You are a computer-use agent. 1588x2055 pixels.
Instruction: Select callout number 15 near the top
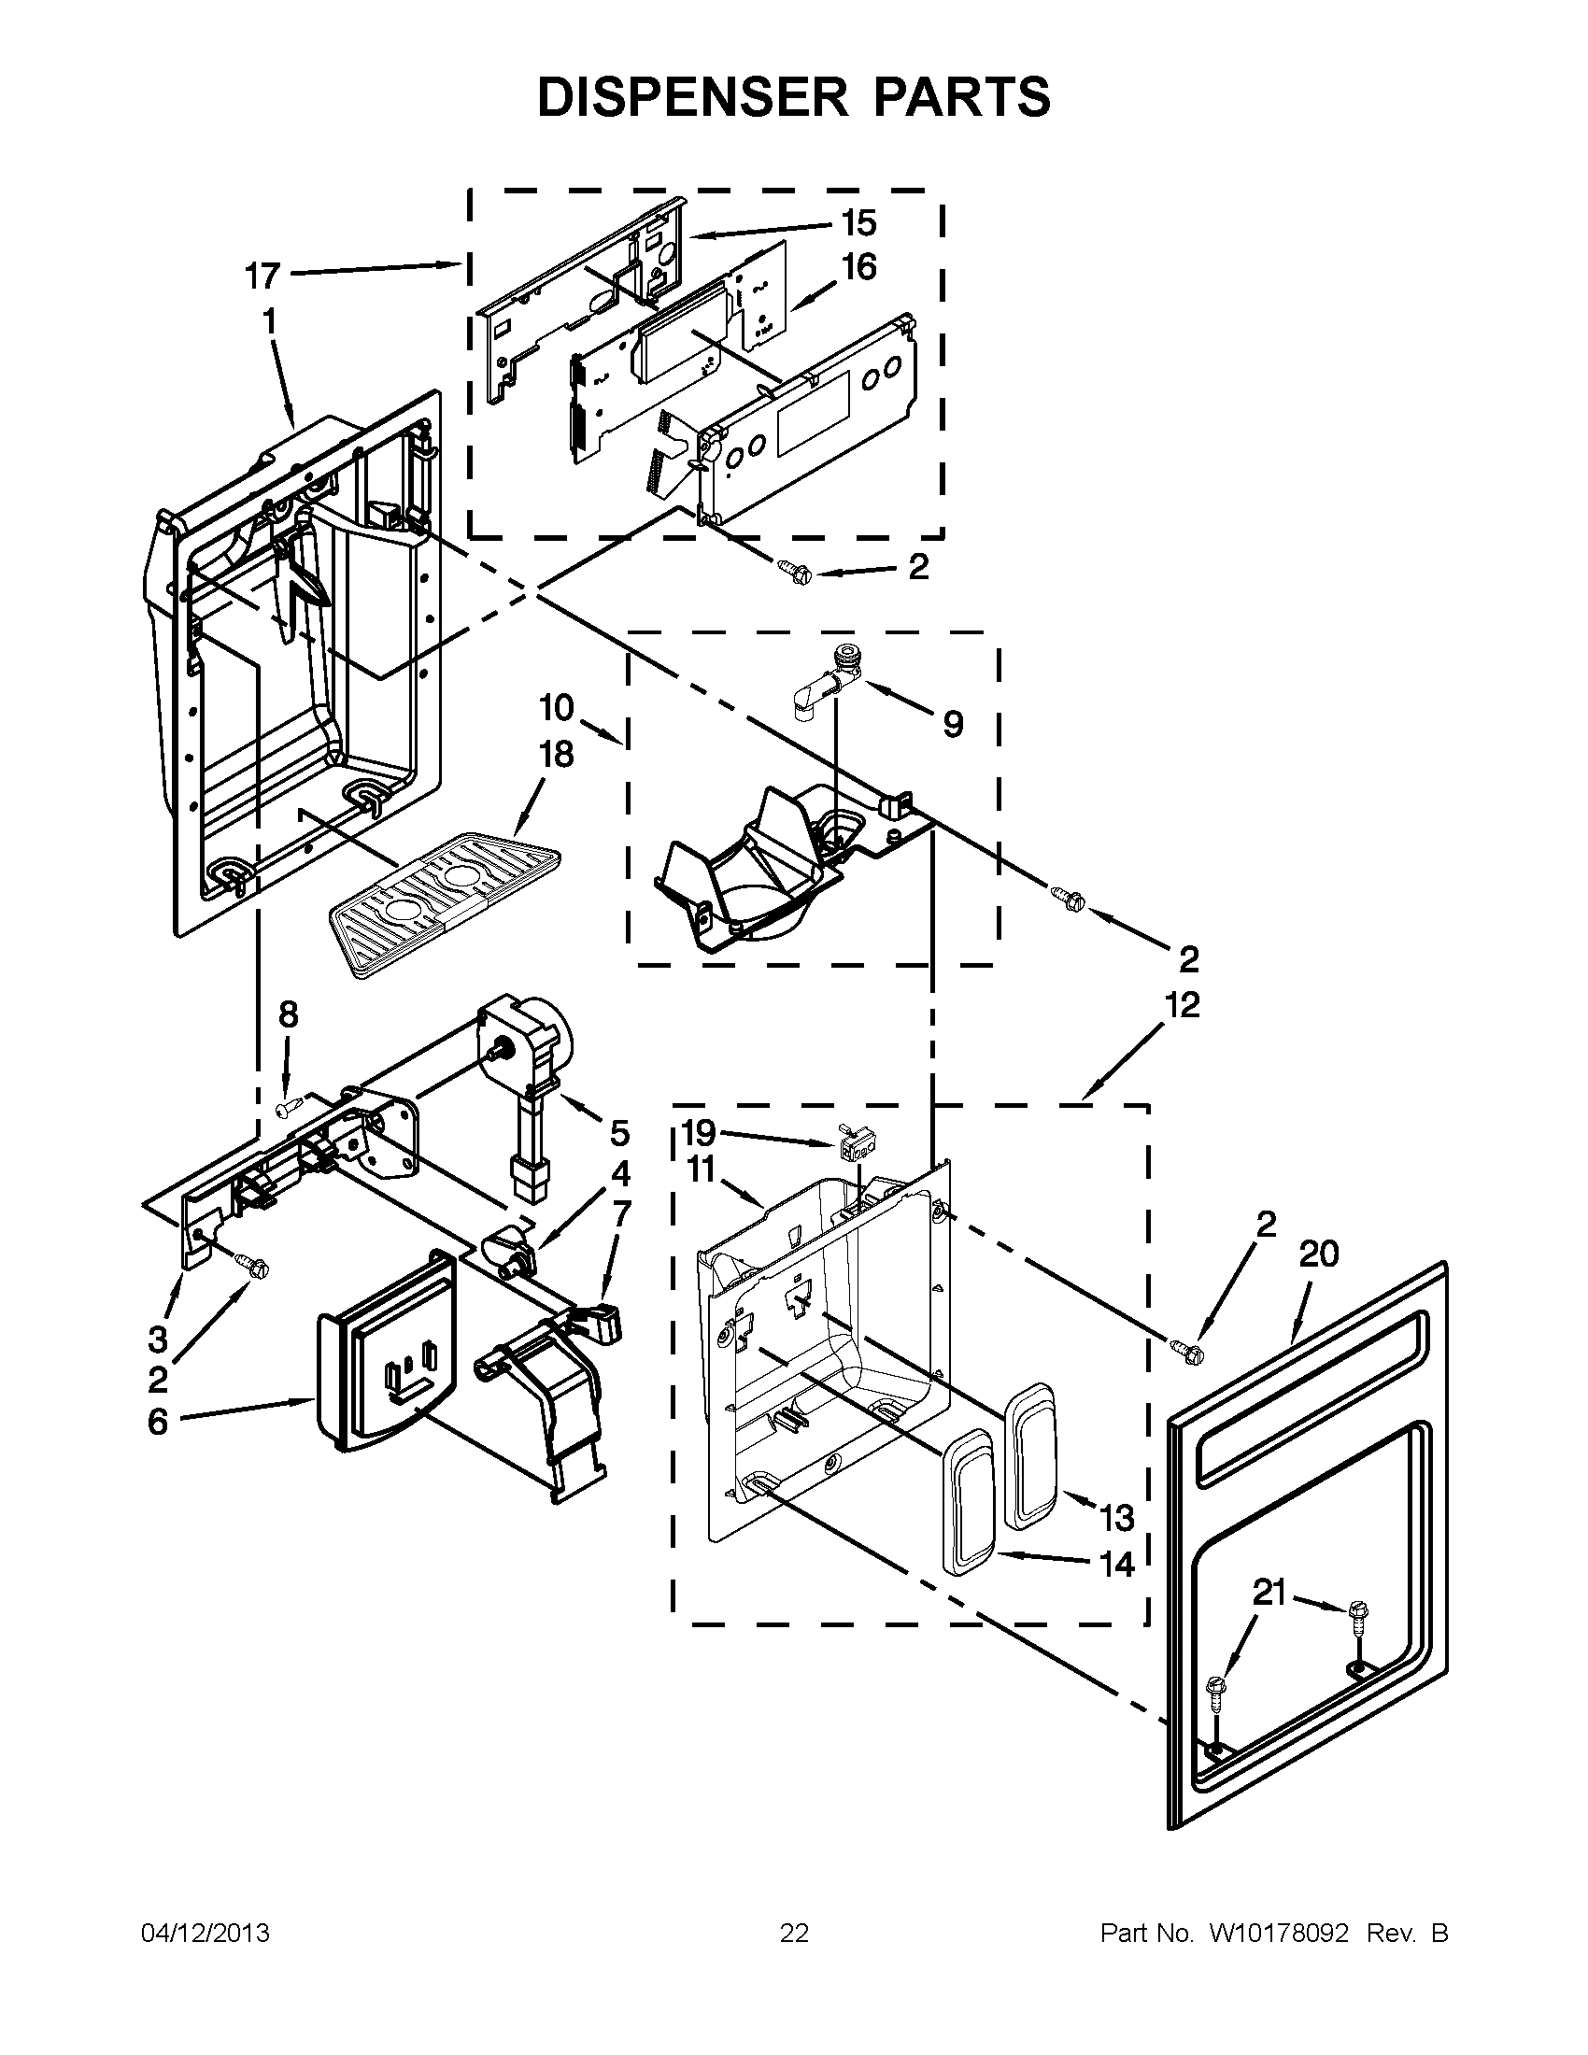(858, 223)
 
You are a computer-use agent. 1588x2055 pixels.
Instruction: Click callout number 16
(858, 267)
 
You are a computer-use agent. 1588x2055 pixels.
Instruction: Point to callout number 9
(952, 724)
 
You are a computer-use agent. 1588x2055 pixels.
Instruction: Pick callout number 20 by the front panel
(1319, 1254)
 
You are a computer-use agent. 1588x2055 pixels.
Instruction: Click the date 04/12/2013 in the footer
(205, 1933)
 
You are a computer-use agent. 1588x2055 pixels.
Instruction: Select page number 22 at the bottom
(794, 1933)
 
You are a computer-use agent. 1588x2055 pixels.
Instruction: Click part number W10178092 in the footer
(1279, 1933)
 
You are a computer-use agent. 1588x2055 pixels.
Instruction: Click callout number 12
(1183, 1005)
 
